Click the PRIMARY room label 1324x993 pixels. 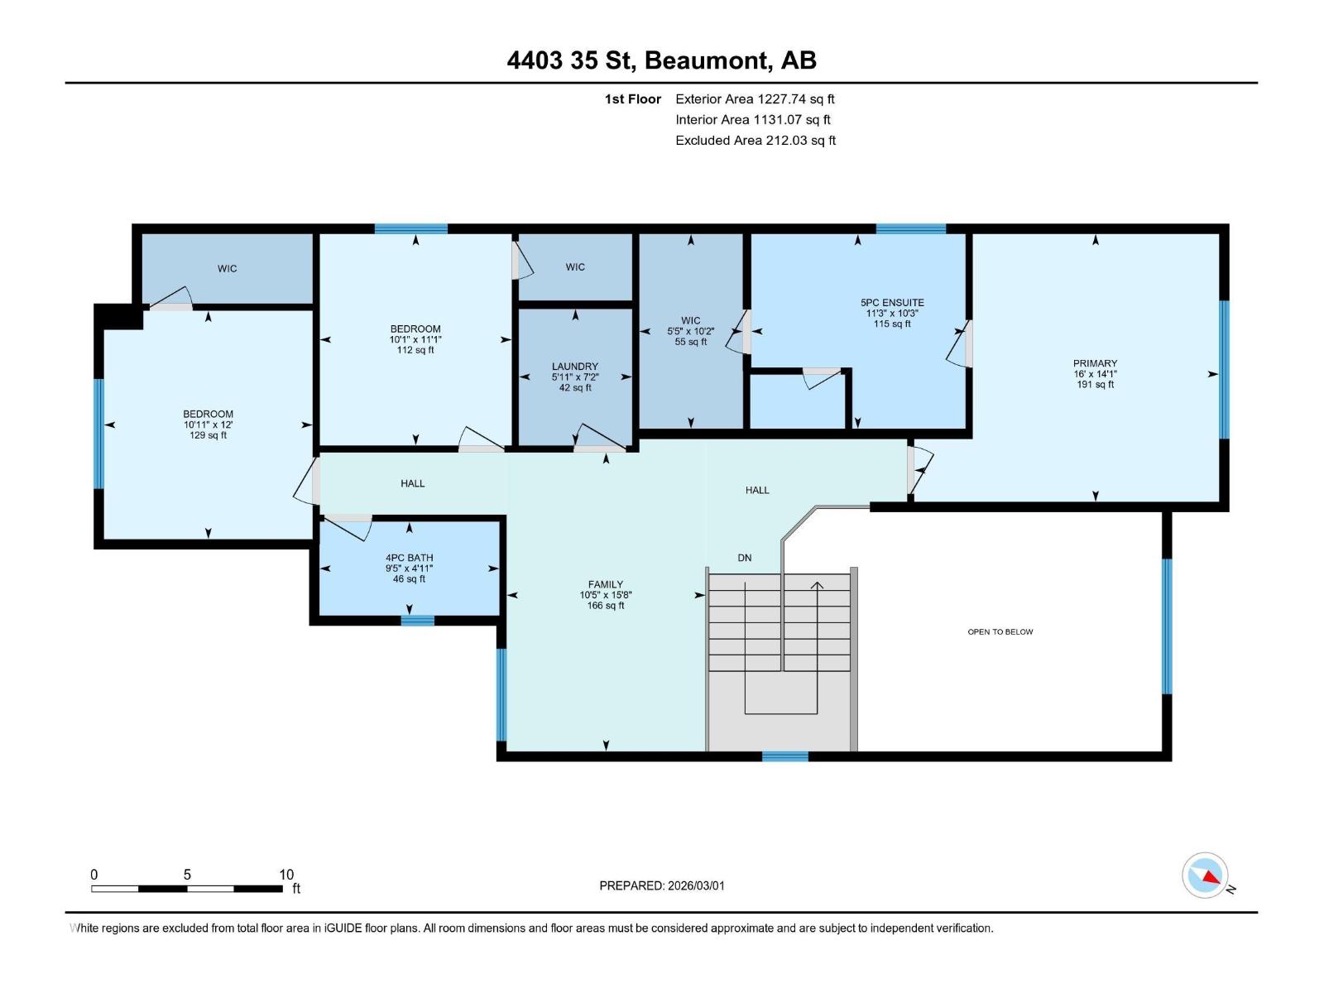[x=1095, y=363]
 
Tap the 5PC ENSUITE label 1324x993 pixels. [x=892, y=303]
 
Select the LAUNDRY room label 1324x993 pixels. [x=575, y=367]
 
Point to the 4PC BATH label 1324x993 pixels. [x=409, y=558]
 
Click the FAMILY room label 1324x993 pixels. [x=606, y=584]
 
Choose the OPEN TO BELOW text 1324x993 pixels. [x=1000, y=632]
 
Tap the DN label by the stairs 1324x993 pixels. [x=745, y=558]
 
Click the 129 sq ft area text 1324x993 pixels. [x=208, y=435]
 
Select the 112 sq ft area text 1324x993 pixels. [x=415, y=350]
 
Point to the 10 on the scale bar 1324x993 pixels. [x=286, y=875]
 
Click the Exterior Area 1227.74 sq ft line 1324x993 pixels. [x=755, y=99]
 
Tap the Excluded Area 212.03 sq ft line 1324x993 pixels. [x=755, y=141]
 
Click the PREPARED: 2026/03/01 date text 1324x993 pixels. [x=662, y=885]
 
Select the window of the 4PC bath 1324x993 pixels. [x=417, y=620]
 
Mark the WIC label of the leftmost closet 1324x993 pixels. [x=227, y=269]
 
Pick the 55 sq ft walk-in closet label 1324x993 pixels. [x=690, y=342]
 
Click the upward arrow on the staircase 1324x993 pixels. [x=817, y=587]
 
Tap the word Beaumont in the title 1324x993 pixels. [x=708, y=60]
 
